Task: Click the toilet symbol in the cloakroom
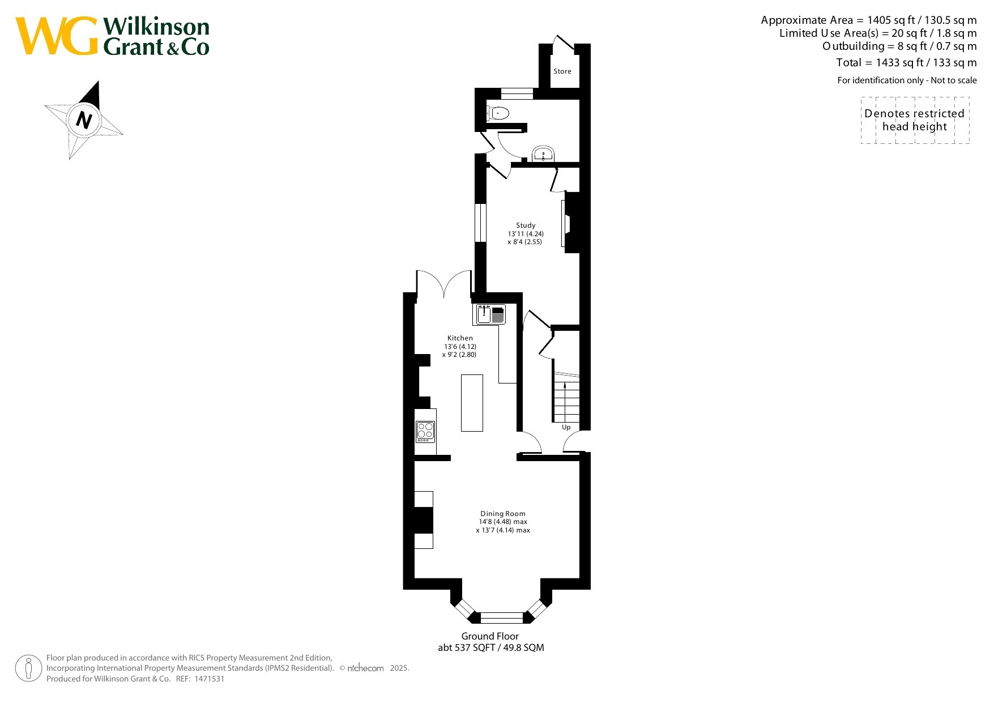(497, 113)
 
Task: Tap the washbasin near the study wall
(543, 154)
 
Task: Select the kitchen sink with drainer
(490, 314)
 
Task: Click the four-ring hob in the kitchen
(425, 432)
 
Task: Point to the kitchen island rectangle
(472, 403)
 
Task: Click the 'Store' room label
(562, 71)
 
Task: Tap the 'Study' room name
(526, 225)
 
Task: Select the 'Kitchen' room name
(460, 338)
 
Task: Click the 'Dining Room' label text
(503, 514)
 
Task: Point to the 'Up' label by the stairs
(566, 427)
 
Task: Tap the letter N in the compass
(84, 120)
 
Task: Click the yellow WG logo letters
(57, 36)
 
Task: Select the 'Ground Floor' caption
(490, 636)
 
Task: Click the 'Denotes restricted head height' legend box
(915, 120)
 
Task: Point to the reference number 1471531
(210, 679)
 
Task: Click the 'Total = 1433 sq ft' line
(906, 62)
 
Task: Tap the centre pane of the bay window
(502, 617)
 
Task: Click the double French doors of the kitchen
(444, 283)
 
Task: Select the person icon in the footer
(28, 668)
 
